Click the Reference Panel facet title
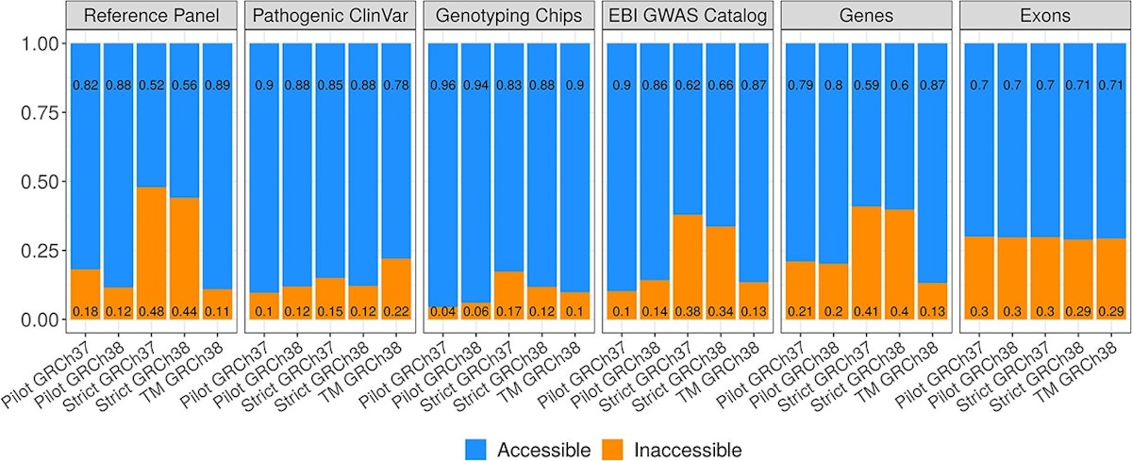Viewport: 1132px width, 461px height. tap(151, 16)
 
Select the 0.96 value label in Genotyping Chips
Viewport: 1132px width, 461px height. tap(443, 86)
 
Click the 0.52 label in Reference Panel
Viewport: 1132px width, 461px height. tap(150, 86)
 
